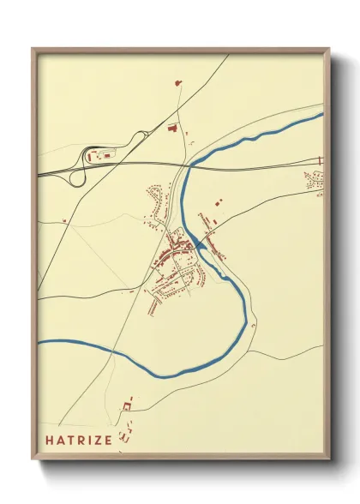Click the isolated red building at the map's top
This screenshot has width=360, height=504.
[178, 83]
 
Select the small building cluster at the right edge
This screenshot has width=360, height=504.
[315, 182]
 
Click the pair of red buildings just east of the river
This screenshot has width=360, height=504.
[218, 203]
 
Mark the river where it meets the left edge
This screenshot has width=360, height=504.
[39, 342]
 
